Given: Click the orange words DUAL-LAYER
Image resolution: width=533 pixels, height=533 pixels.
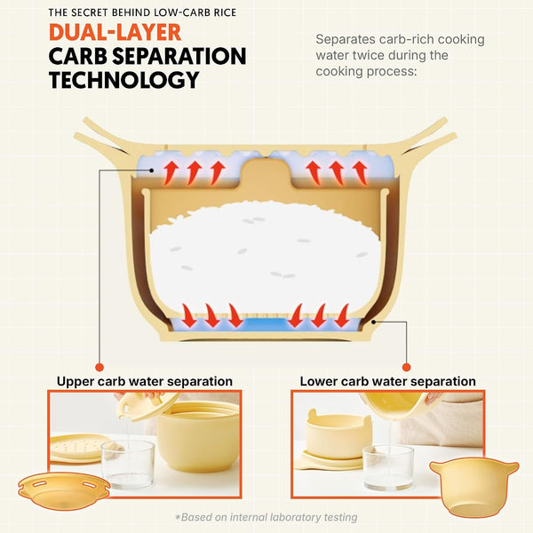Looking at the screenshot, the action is (x=115, y=33).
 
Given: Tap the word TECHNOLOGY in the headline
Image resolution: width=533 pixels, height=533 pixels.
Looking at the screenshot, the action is (x=124, y=80).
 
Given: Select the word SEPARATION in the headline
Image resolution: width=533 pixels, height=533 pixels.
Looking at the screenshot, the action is (x=179, y=56).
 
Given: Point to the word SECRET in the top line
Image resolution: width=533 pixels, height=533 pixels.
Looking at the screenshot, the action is (x=90, y=12).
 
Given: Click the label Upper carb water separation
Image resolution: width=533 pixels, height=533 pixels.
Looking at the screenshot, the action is (x=145, y=381).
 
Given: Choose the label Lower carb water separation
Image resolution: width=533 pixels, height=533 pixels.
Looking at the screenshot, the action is (x=387, y=381).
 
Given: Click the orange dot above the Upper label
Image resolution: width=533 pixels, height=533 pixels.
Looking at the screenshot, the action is (x=99, y=367).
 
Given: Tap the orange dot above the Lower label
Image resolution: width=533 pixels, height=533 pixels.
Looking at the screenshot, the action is (x=406, y=367).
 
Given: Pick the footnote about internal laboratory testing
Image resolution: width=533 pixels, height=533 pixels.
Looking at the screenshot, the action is (x=266, y=517).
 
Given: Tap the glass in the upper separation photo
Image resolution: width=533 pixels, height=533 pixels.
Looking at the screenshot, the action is (x=128, y=464).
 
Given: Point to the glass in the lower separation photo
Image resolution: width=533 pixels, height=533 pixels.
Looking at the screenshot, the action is (x=388, y=467).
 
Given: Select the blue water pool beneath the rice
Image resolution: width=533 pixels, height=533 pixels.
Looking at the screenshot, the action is (x=266, y=324).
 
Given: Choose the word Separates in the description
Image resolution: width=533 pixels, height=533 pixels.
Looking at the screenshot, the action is (x=346, y=40).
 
